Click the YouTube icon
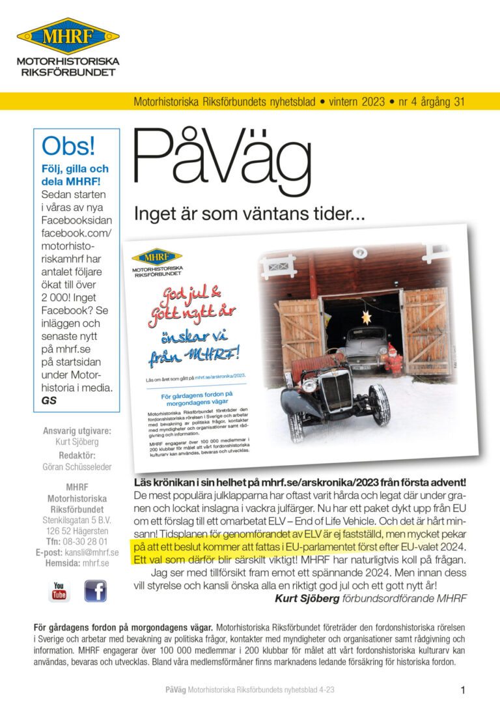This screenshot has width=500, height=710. [x=59, y=591]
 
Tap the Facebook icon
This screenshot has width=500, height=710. [x=95, y=591]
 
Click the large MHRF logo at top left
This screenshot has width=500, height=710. [x=68, y=36]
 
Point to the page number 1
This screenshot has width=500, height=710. [x=462, y=690]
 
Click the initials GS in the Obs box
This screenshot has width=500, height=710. [x=49, y=401]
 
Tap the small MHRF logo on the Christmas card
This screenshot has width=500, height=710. [x=157, y=256]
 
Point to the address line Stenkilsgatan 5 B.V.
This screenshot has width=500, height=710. [x=77, y=520]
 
